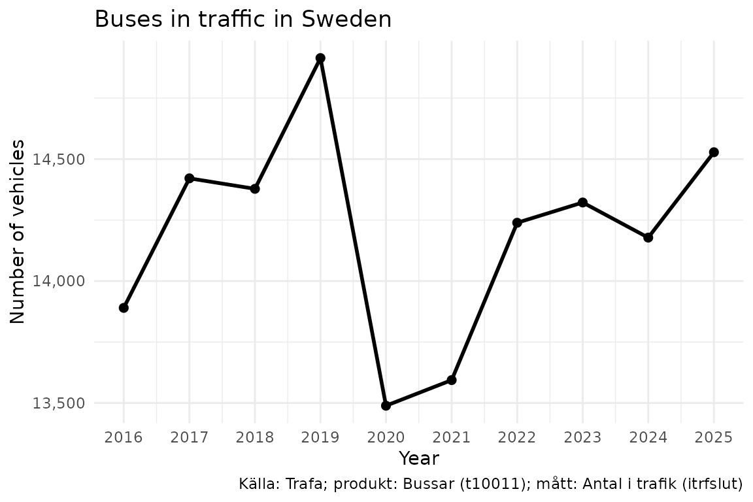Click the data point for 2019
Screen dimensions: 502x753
point(320,58)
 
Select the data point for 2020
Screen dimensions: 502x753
point(386,405)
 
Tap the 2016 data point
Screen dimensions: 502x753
point(124,308)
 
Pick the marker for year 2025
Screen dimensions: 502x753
point(714,152)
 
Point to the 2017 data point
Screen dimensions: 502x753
point(190,178)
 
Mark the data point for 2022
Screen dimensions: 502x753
point(517,223)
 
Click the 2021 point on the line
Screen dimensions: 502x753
point(452,380)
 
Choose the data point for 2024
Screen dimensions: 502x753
point(648,237)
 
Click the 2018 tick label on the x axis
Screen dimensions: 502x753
point(255,437)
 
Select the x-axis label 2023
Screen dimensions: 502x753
point(582,437)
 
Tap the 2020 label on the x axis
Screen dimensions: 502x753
point(386,437)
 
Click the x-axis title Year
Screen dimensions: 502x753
point(418,458)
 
